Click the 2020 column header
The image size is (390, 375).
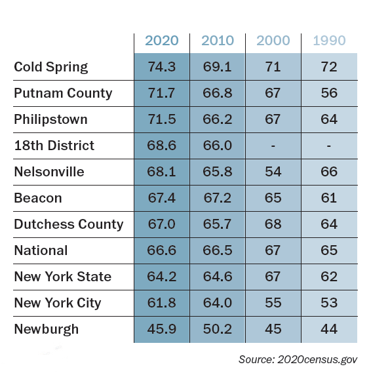pyautogui.click(x=162, y=41)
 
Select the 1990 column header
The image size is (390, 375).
pyautogui.click(x=329, y=41)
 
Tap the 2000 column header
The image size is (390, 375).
pyautogui.click(x=273, y=41)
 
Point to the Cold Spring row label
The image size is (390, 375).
pyautogui.click(x=51, y=67)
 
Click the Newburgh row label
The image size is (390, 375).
pyautogui.click(x=47, y=329)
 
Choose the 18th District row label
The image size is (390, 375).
pyautogui.click(x=54, y=146)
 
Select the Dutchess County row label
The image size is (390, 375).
pyautogui.click(x=69, y=224)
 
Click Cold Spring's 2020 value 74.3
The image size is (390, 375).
pyautogui.click(x=162, y=67)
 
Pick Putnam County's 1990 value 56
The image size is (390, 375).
pyautogui.click(x=329, y=93)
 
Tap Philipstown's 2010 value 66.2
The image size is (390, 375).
pyautogui.click(x=218, y=119)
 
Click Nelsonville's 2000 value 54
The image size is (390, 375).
pyautogui.click(x=273, y=172)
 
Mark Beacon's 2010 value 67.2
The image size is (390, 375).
pyautogui.click(x=218, y=198)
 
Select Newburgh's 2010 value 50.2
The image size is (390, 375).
pyautogui.click(x=218, y=329)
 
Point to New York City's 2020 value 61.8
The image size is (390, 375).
pyautogui.click(x=162, y=303)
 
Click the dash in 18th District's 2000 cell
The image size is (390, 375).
pyautogui.click(x=273, y=146)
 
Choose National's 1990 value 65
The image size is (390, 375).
pyautogui.click(x=329, y=250)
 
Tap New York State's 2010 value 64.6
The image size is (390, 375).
pyautogui.click(x=218, y=277)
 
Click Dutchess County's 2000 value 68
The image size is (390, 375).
pyautogui.click(x=273, y=224)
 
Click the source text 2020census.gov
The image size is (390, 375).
pyautogui.click(x=317, y=360)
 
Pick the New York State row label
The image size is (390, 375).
pyautogui.click(x=63, y=277)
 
